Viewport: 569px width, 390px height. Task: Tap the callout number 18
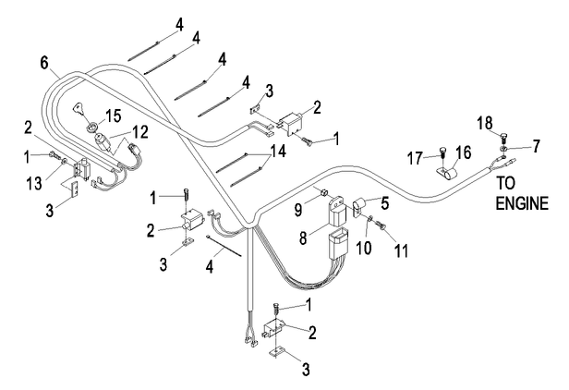(485, 120)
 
